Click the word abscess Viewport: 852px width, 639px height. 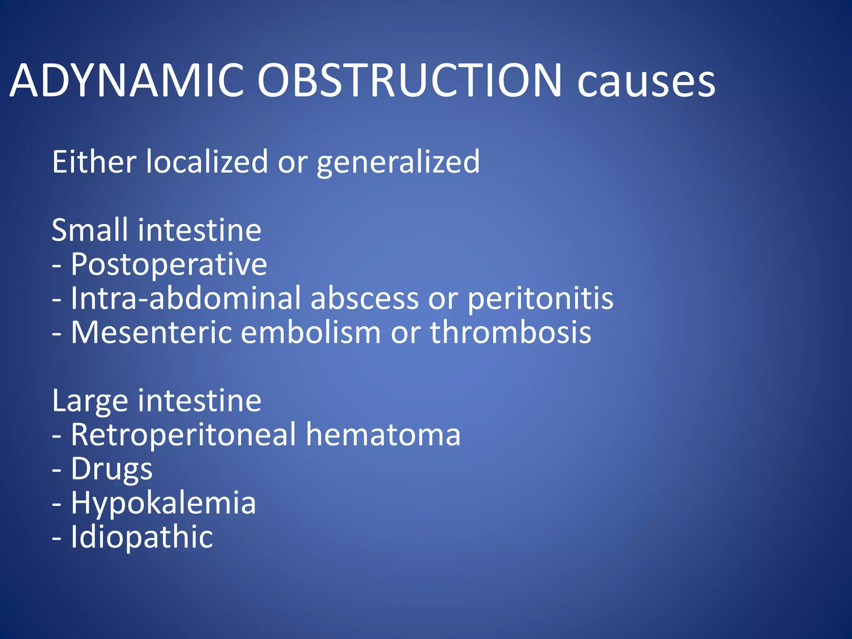(364, 299)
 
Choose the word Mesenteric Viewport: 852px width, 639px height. (151, 332)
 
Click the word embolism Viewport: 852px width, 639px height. (310, 332)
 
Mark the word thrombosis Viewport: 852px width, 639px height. (510, 332)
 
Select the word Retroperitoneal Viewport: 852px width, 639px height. (183, 435)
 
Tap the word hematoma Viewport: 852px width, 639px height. (383, 435)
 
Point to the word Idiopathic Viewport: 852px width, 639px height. (141, 537)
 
